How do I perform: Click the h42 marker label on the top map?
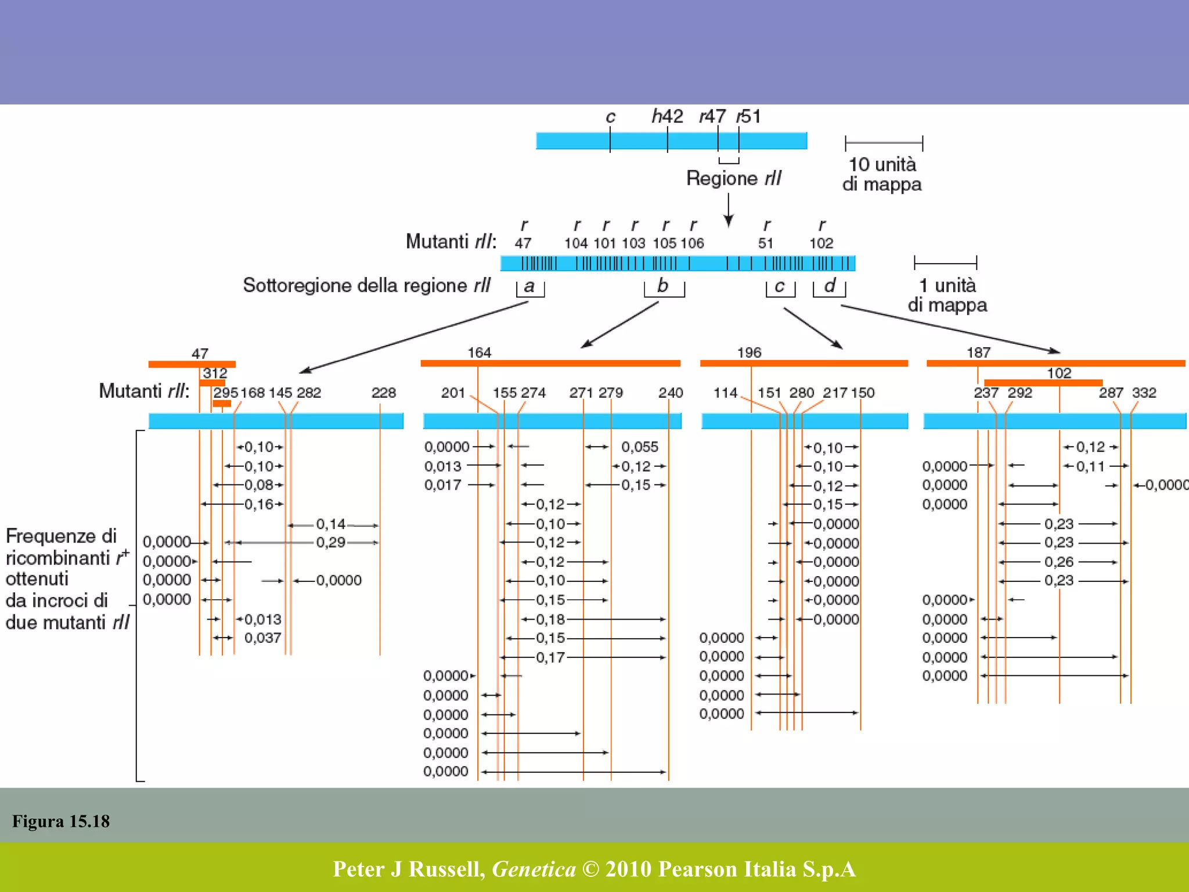tap(667, 116)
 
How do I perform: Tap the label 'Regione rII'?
tap(734, 178)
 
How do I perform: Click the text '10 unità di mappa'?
tap(882, 174)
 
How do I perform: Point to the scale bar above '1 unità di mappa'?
tap(945, 262)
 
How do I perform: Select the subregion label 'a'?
tap(529, 286)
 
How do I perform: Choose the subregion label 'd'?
tap(829, 286)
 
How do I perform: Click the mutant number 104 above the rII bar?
tap(576, 243)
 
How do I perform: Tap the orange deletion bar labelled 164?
tap(550, 363)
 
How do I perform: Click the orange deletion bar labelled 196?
tap(804, 363)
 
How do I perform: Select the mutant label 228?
tap(383, 393)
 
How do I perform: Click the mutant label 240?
tap(670, 393)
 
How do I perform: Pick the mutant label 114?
tap(725, 393)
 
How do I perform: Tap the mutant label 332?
tap(1144, 393)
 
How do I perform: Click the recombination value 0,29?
tap(330, 542)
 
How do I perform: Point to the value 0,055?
tap(640, 447)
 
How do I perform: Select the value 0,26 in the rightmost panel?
tap(1058, 562)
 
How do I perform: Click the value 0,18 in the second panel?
tap(550, 619)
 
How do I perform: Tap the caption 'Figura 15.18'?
tap(61, 821)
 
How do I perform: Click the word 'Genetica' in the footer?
tap(534, 869)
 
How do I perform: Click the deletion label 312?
tap(215, 373)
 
